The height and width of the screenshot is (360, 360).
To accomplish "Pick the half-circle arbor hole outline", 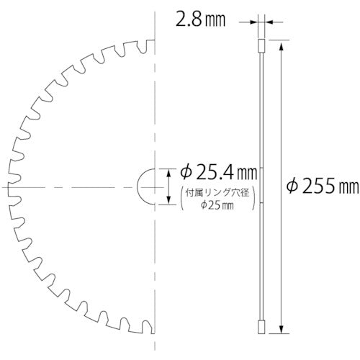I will click(144, 186).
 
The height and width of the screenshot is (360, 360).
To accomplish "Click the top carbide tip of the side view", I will click(262, 47).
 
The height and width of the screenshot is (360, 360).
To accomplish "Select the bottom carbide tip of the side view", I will click(262, 327).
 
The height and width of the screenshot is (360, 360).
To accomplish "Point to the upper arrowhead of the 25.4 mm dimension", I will click(168, 170).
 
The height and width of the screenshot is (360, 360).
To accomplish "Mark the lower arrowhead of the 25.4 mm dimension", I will click(168, 203).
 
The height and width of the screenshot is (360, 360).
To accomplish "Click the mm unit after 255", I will click(347, 188).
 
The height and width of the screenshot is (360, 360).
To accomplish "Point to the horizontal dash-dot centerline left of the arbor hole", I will click(72, 186).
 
